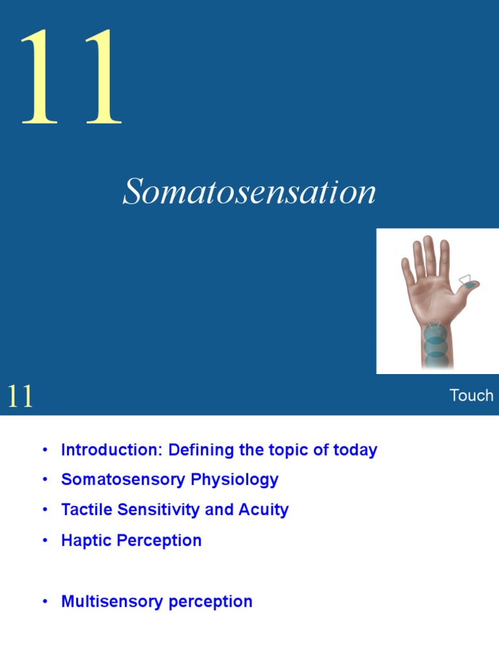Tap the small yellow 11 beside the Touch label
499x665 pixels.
(20, 396)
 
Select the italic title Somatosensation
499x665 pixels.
(249, 193)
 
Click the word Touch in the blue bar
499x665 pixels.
(471, 395)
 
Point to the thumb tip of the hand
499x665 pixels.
(474, 284)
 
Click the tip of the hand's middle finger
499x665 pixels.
(428, 240)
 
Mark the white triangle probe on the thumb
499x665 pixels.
(466, 280)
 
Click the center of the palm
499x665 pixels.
(431, 295)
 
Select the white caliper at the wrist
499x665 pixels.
(434, 325)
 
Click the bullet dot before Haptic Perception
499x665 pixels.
(45, 540)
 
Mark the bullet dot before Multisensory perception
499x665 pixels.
(45, 601)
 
